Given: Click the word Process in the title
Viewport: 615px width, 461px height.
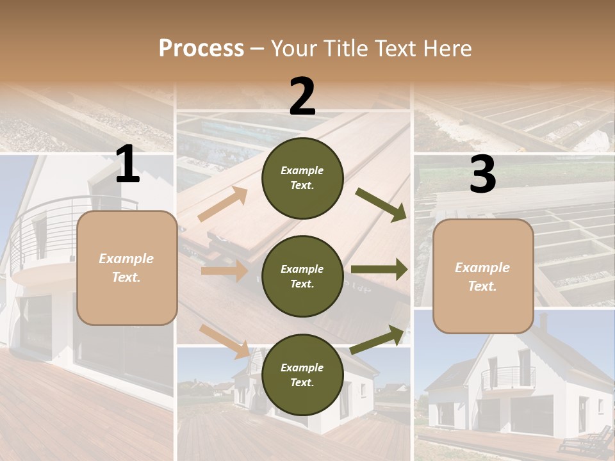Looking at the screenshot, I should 201,49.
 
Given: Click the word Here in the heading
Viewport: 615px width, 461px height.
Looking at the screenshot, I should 446,49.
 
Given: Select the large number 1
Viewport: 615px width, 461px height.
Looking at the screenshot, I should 127,165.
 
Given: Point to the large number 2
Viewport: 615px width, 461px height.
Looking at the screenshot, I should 302,97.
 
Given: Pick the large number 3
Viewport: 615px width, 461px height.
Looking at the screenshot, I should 483,175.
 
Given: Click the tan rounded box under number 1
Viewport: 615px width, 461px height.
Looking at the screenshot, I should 127,268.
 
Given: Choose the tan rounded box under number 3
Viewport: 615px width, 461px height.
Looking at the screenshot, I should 483,277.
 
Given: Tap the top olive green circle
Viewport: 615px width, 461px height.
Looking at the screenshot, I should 302,178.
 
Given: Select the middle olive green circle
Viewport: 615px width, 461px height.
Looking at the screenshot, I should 302,276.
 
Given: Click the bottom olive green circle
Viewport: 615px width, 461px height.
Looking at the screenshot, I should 302,375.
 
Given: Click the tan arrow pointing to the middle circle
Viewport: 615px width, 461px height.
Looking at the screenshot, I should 224,271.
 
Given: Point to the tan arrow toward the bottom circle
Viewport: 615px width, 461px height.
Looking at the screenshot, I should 225,341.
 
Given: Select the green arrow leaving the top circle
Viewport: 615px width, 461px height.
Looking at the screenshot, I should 381,205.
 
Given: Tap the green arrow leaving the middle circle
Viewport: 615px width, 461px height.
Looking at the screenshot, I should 379,270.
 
